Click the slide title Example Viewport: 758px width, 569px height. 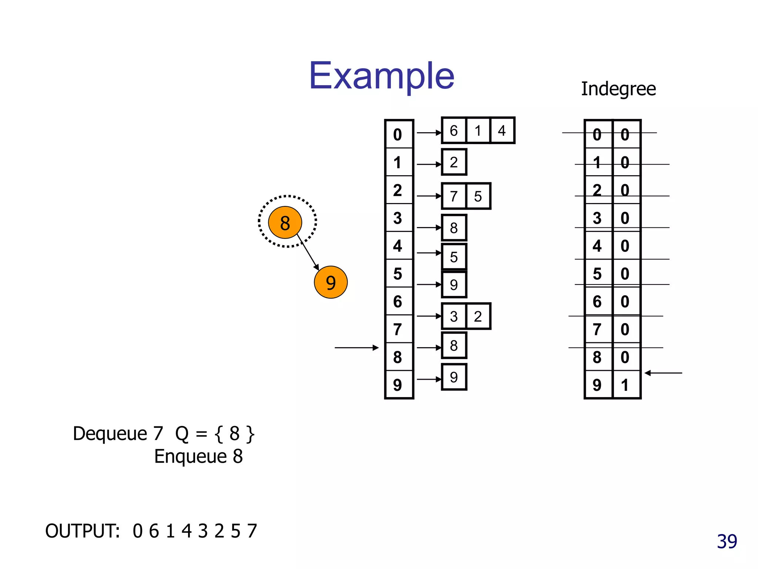[382, 76]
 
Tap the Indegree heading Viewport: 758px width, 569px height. [618, 89]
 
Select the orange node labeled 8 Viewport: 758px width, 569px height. [285, 223]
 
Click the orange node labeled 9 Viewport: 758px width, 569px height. [331, 282]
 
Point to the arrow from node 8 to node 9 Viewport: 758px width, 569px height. [308, 252]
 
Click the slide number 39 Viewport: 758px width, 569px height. [727, 542]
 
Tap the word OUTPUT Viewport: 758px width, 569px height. [82, 531]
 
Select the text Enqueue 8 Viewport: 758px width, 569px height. [198, 456]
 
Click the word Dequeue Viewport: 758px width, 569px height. [110, 433]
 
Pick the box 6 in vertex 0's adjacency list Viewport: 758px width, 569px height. [454, 130]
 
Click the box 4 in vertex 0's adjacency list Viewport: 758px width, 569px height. [502, 130]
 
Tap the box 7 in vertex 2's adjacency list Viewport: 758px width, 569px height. [454, 196]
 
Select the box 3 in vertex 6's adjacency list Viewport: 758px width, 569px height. [454, 316]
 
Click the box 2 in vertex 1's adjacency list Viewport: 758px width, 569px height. [454, 162]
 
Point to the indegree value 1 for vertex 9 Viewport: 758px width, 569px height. [625, 385]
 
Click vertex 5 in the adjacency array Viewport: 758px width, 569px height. [398, 274]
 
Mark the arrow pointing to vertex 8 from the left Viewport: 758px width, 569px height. [356, 347]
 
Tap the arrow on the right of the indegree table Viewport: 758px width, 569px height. [663, 373]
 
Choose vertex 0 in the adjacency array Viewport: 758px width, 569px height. [398, 134]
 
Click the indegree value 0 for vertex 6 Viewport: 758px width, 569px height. [625, 302]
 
